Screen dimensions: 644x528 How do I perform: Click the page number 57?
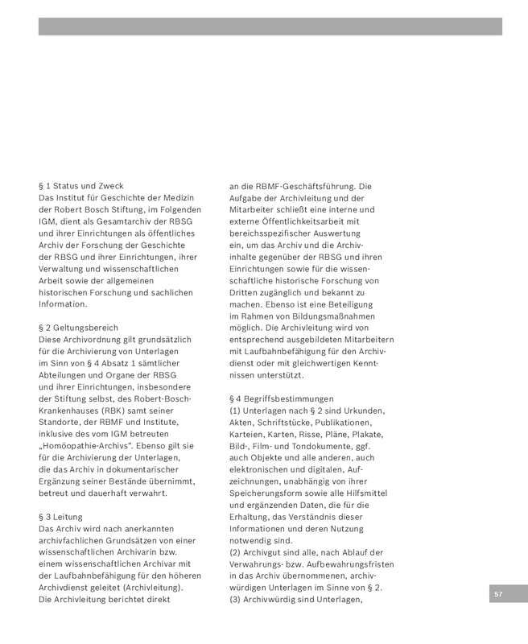(498, 593)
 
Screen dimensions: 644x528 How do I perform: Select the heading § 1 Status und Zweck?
(80, 186)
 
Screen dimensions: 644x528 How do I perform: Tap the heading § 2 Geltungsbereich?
(78, 328)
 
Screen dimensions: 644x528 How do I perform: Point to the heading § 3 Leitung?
(60, 517)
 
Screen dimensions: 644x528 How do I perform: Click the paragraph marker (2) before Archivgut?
(236, 552)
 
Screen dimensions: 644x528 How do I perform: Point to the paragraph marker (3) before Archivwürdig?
(236, 600)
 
